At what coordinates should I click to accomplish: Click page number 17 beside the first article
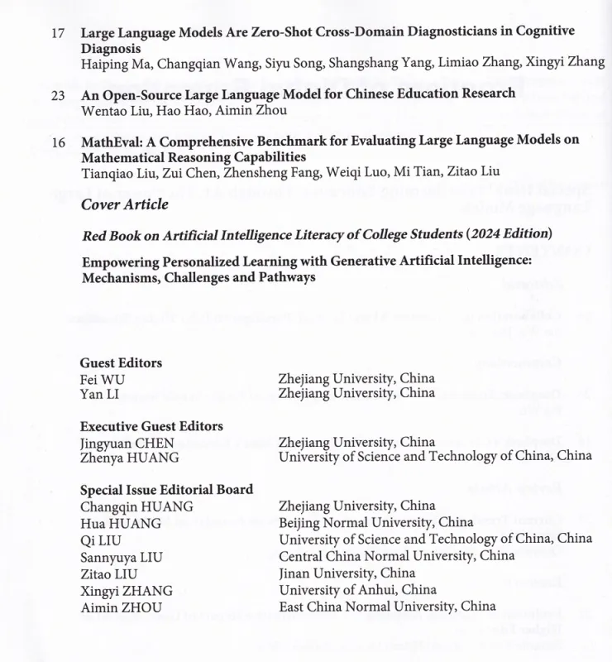(58, 33)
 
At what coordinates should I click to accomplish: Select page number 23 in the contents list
(58, 95)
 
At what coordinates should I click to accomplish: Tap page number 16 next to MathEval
(58, 142)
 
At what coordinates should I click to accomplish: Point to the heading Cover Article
(124, 204)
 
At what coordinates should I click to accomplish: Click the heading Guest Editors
(121, 362)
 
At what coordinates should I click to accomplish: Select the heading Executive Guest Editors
(151, 426)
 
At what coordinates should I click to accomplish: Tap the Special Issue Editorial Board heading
(166, 489)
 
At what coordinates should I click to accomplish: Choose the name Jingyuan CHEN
(127, 442)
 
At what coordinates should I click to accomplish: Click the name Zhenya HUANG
(129, 458)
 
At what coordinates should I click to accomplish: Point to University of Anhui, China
(357, 589)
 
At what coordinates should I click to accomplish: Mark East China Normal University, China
(387, 606)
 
